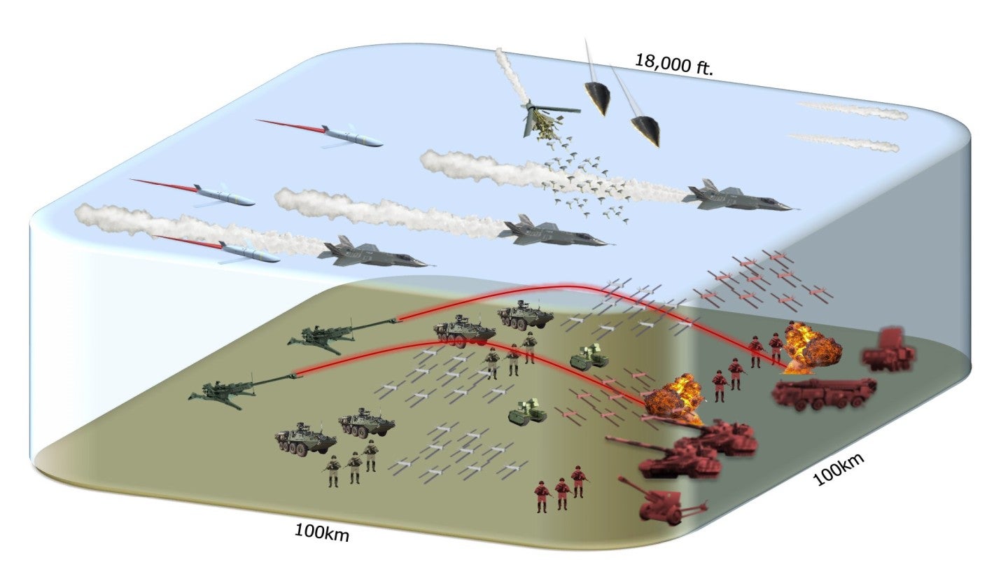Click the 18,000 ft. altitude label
point(673,65)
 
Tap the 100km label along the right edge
point(839,469)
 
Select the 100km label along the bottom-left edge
point(321,531)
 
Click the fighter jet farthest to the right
point(735,197)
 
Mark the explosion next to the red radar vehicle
point(810,348)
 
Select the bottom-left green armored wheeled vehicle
point(305,440)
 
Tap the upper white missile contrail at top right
point(854,110)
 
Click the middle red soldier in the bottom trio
point(561,493)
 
